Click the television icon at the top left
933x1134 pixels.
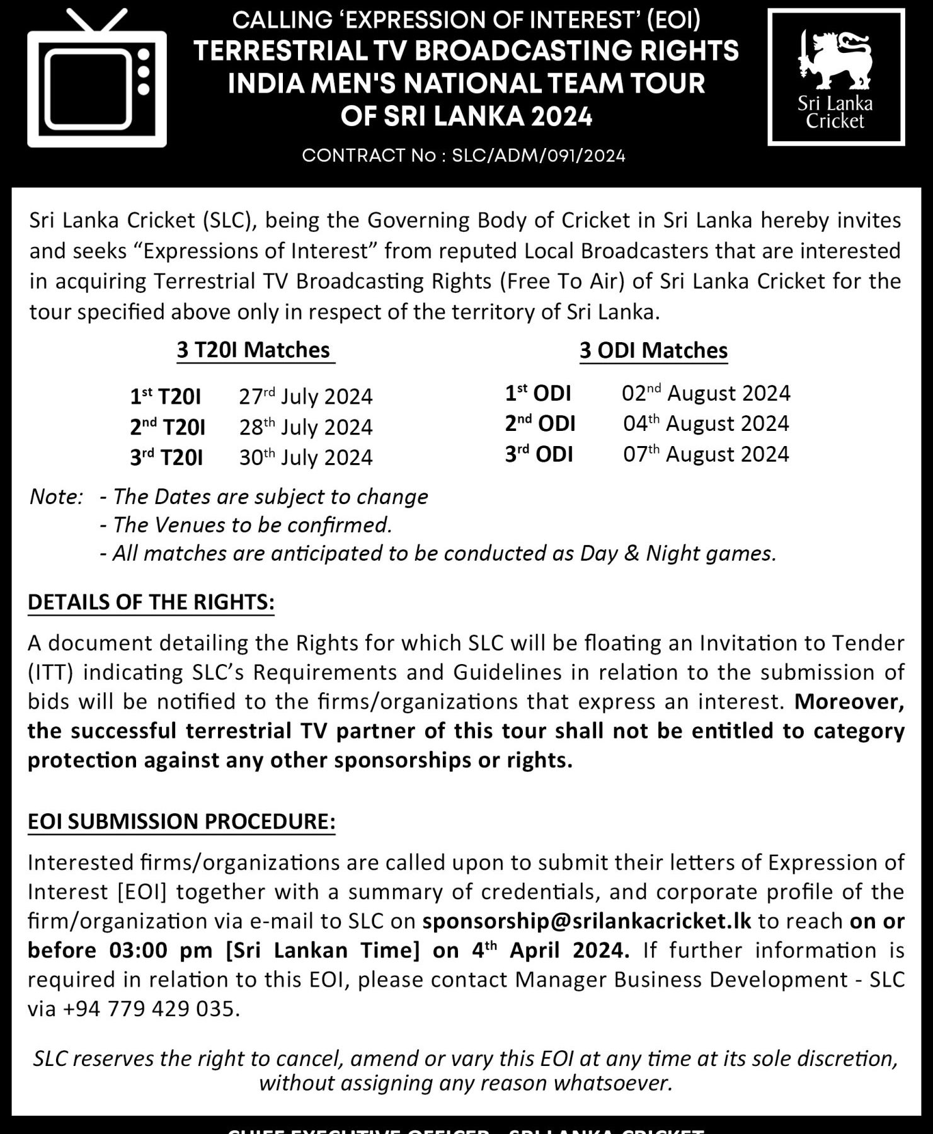coord(96,82)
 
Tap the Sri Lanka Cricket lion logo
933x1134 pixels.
coord(835,60)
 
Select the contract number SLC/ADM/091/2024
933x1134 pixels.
coord(539,156)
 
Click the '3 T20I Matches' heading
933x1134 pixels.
coord(253,350)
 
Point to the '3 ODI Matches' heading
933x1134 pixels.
coord(653,350)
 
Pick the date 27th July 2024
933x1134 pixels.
coord(306,396)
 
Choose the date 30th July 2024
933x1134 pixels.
coord(306,457)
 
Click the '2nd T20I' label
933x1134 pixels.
coord(168,427)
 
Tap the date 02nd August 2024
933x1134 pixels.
coord(706,393)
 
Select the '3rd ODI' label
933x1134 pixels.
coord(539,454)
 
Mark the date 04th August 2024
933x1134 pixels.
coord(706,423)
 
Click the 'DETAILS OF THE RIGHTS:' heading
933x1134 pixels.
coord(151,602)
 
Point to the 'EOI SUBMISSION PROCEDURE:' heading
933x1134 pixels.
coord(181,822)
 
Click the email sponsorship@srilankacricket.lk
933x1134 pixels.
coord(587,920)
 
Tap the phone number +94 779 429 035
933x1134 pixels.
coord(151,1009)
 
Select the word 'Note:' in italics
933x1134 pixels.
coord(56,497)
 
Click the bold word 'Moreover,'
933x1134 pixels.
coord(849,701)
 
